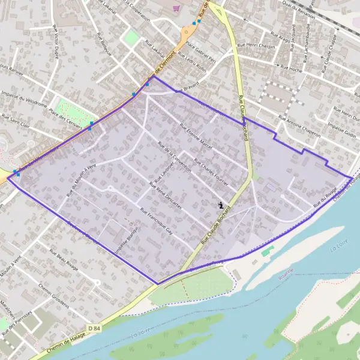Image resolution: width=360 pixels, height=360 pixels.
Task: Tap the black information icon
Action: point(221,205)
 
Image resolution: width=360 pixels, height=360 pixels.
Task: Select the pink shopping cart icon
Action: point(175,8)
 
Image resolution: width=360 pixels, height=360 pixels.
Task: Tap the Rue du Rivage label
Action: point(324,197)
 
